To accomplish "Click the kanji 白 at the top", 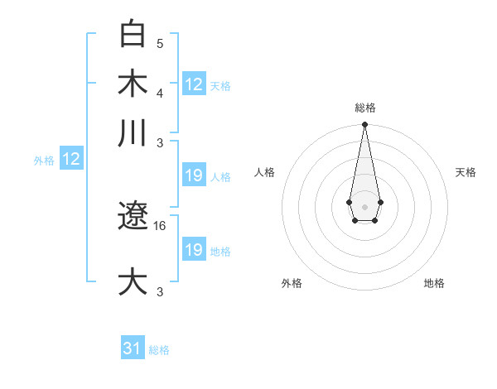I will click(x=133, y=35).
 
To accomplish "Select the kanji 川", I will click(x=133, y=132).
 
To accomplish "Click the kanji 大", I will click(x=133, y=281).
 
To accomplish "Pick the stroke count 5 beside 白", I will click(x=160, y=43).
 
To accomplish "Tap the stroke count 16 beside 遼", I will click(x=160, y=225).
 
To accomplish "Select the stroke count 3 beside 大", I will click(x=160, y=291).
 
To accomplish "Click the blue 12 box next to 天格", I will click(x=194, y=84).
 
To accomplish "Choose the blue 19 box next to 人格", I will click(x=194, y=175).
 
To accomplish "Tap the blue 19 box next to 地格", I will click(x=194, y=250).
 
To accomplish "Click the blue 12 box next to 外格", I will click(x=71, y=160).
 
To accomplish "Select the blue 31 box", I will click(x=133, y=348).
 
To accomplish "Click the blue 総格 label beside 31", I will click(x=159, y=350).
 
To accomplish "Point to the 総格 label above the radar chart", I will click(x=364, y=108).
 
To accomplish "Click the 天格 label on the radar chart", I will click(x=466, y=172).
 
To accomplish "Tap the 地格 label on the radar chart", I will click(x=434, y=283).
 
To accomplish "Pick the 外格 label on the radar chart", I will click(x=292, y=283).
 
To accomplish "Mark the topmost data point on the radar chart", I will click(x=364, y=125).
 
